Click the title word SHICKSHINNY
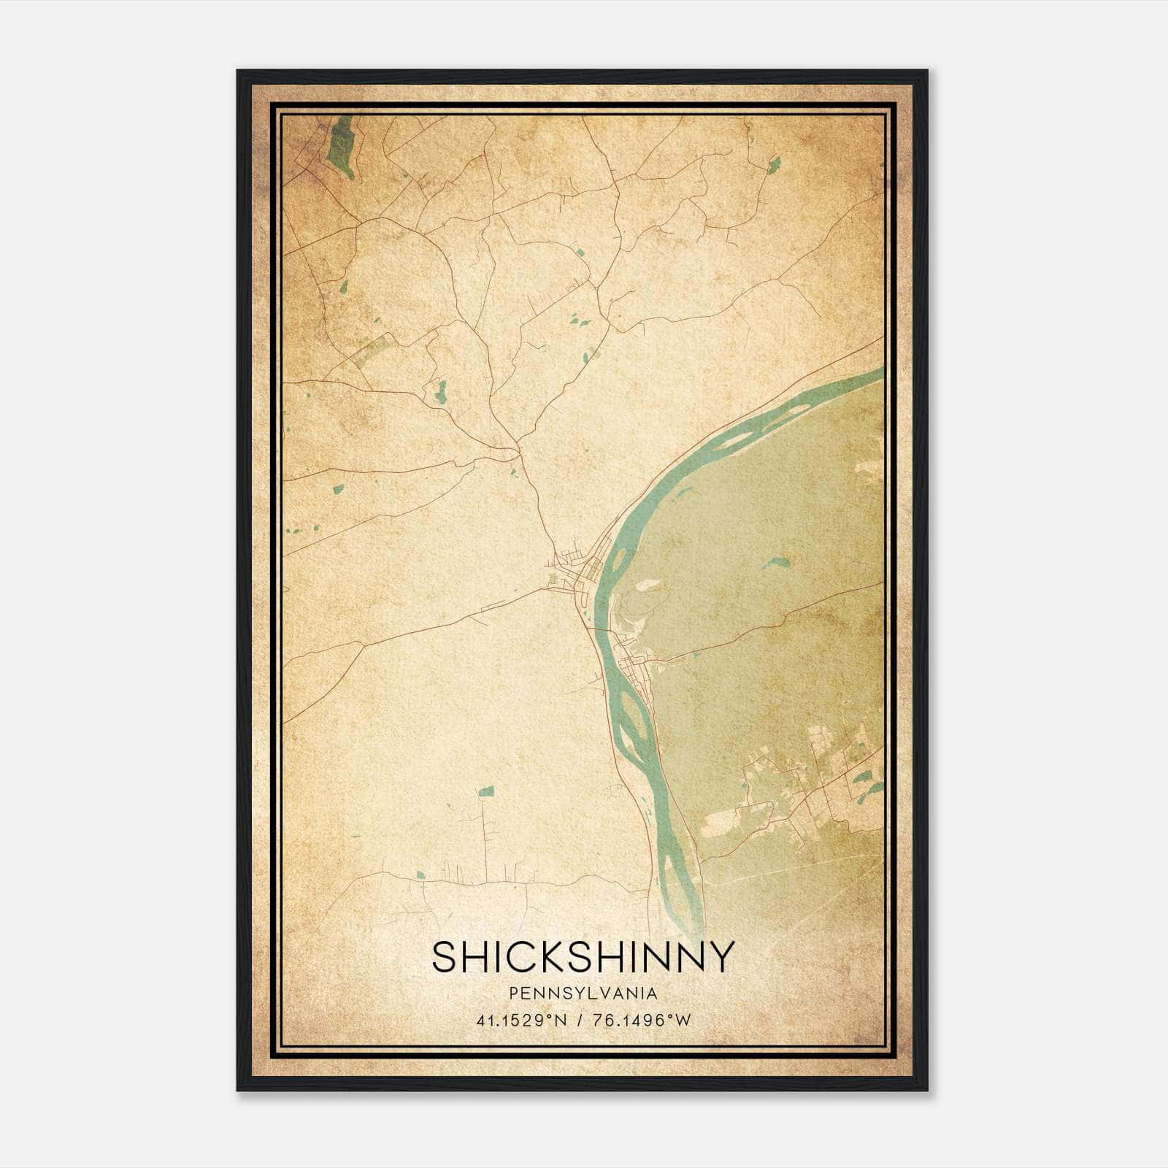point(583,957)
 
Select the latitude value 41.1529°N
point(521,1021)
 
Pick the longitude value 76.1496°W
point(640,1021)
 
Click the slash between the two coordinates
point(579,1021)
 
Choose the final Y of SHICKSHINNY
point(720,957)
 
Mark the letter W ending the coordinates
point(683,1021)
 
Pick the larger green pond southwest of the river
point(485,791)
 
